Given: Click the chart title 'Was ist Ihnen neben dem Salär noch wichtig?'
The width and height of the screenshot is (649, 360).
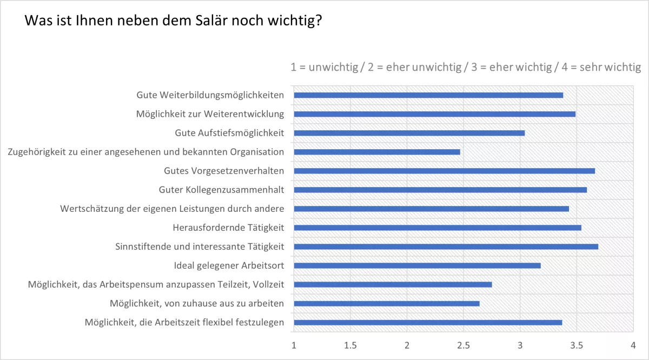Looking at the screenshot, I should tap(173, 22).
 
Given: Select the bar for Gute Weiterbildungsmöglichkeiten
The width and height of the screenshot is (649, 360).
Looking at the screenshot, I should tap(428, 95).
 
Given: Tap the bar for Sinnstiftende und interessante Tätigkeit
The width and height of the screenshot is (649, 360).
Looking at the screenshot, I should tap(446, 246).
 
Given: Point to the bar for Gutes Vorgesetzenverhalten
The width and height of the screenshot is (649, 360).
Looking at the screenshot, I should tap(444, 171).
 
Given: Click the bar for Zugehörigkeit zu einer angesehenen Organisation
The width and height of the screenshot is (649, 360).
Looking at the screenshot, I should tap(377, 152).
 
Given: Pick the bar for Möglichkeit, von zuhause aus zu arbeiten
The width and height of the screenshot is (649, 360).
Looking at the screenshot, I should tap(387, 303).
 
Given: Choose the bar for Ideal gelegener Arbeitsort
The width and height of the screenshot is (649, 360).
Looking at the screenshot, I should tap(417, 265).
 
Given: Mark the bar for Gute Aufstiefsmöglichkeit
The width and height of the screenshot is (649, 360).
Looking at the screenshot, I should tap(409, 133).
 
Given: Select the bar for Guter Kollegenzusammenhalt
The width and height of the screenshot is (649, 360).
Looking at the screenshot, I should tap(440, 190).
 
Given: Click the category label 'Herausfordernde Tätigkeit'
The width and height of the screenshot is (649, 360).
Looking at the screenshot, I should tap(228, 228).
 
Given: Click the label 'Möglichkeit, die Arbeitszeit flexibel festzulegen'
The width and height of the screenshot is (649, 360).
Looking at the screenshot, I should tap(184, 323).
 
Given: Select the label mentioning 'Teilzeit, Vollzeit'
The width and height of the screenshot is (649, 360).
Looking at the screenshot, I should tap(156, 284).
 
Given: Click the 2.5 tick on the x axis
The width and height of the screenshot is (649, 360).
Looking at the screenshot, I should tap(463, 344).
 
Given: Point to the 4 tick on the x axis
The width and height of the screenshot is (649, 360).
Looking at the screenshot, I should tap(632, 344).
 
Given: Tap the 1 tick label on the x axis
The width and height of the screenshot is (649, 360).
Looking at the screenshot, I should tap(294, 344).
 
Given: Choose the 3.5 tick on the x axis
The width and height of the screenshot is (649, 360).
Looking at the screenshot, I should tap(576, 344).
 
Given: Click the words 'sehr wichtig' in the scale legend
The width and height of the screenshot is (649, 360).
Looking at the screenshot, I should tap(610, 68).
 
